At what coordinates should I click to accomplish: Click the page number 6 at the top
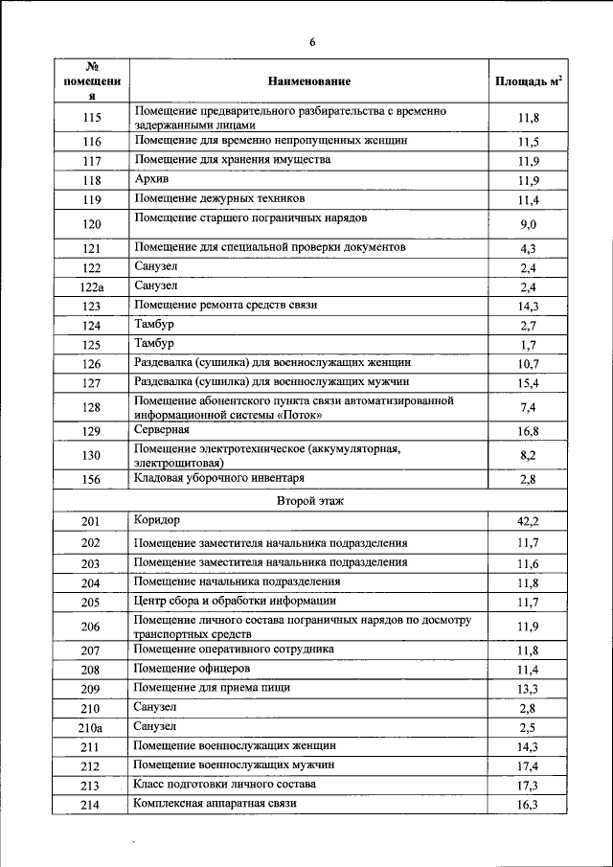(312, 41)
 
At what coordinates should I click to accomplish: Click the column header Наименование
(309, 82)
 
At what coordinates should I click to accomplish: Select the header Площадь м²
(528, 82)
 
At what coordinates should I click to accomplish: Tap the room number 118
(92, 181)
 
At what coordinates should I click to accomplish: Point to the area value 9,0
(528, 225)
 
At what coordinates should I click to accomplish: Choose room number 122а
(92, 287)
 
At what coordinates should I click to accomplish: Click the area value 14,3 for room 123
(528, 307)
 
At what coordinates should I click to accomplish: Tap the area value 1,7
(528, 345)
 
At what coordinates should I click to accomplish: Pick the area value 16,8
(528, 431)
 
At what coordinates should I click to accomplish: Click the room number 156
(92, 480)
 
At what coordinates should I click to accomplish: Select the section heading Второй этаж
(309, 500)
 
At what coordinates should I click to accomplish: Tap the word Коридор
(158, 519)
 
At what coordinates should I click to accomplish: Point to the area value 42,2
(528, 521)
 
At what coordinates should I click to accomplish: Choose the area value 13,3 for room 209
(528, 690)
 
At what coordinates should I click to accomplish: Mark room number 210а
(92, 728)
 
